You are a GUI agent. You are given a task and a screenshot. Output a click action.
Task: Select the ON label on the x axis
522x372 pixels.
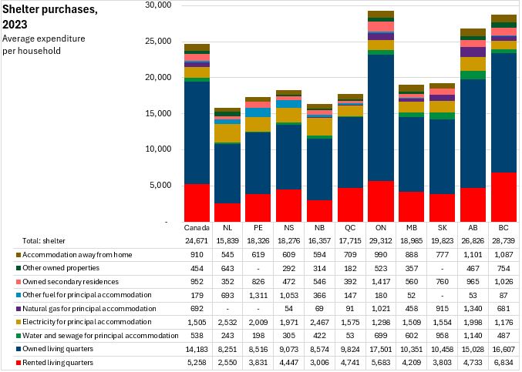[381, 229]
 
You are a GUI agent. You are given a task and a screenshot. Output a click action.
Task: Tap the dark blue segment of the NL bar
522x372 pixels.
[227, 173]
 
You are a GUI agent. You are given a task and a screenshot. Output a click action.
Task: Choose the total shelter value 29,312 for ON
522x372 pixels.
[381, 241]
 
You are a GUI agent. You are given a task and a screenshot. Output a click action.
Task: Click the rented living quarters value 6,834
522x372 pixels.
[503, 360]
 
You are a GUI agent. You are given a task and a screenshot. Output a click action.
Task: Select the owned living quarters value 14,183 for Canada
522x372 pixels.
[197, 347]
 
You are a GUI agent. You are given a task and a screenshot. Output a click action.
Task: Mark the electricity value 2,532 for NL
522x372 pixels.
[227, 320]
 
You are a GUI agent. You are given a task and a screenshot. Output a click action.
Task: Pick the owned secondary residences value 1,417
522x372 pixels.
[381, 281]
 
